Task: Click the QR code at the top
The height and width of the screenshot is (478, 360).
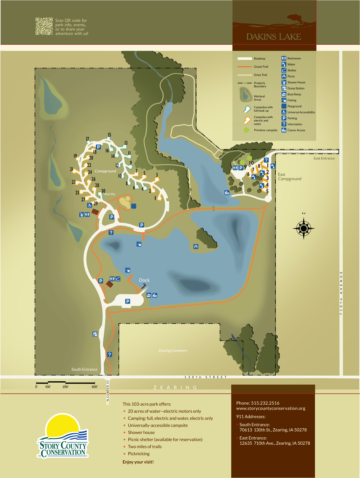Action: pyautogui.click(x=44, y=26)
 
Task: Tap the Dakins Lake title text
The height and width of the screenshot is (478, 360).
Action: pyautogui.click(x=273, y=37)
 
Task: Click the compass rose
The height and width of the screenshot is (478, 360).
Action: pyautogui.click(x=304, y=228)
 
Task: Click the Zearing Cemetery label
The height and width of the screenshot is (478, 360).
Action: pyautogui.click(x=173, y=351)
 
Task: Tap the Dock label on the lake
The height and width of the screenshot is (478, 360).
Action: pyautogui.click(x=144, y=280)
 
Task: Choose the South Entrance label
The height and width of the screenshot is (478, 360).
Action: pyautogui.click(x=84, y=369)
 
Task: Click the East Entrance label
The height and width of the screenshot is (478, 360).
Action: pyautogui.click(x=324, y=158)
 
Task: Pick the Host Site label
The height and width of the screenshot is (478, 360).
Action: pyautogui.click(x=109, y=194)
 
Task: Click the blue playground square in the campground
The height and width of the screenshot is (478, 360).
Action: pyautogui.click(x=134, y=206)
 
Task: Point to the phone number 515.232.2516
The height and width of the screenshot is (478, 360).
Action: pyautogui.click(x=265, y=403)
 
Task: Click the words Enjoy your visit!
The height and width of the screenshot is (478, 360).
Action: pyautogui.click(x=138, y=462)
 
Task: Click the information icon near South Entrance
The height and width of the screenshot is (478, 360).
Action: pyautogui.click(x=109, y=355)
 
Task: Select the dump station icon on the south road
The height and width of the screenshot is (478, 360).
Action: pyautogui.click(x=95, y=334)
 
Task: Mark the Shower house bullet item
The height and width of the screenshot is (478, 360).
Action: pyautogui.click(x=141, y=432)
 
